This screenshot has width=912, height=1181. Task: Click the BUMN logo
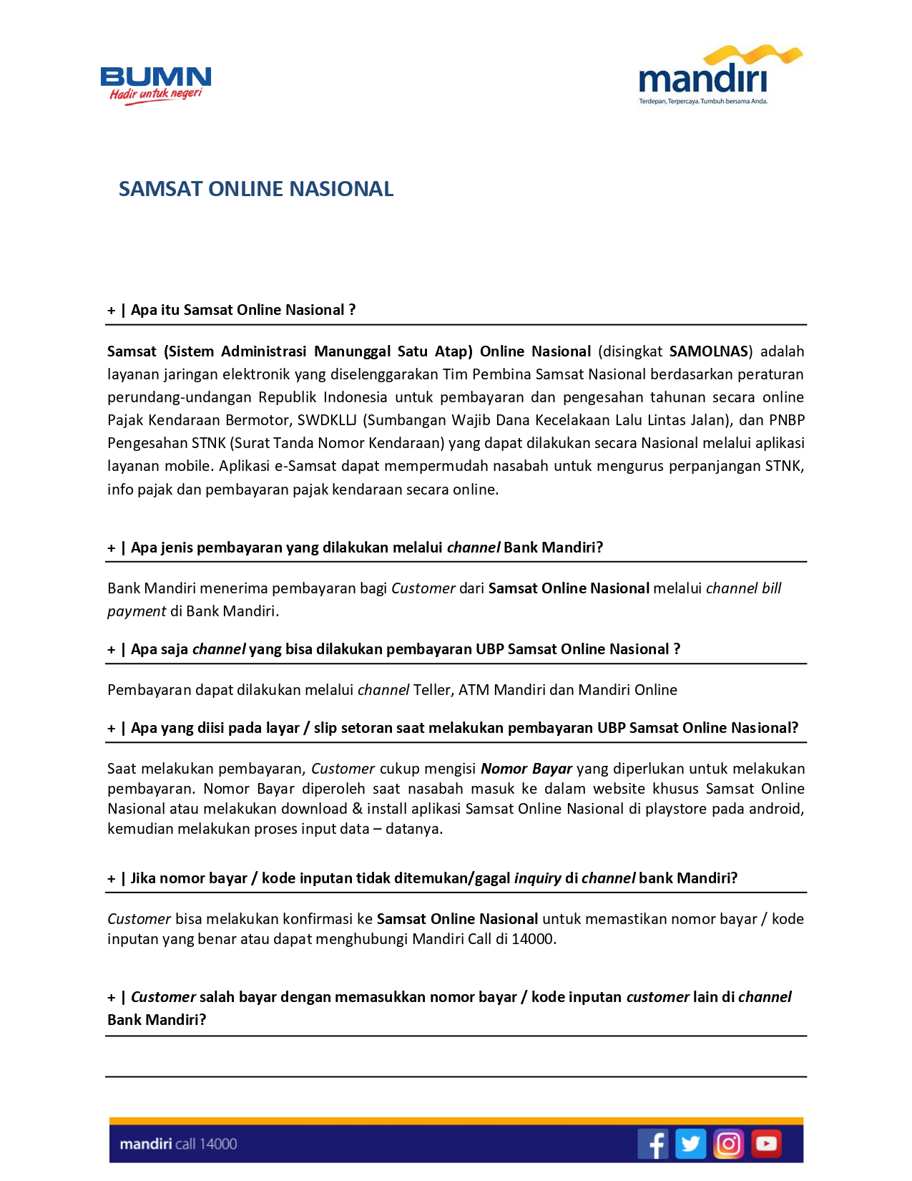tap(156, 84)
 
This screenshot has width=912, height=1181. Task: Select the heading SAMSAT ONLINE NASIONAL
tap(255, 189)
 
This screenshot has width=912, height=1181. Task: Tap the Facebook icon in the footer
tap(652, 1143)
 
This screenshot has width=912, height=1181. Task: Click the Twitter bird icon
tap(690, 1143)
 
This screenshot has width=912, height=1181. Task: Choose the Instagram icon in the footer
tap(728, 1143)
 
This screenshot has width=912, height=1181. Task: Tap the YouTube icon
tap(766, 1143)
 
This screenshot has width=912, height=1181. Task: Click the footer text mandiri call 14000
tap(178, 1144)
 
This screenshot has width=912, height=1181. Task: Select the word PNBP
tap(786, 420)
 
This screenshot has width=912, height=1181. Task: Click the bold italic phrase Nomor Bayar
tap(526, 769)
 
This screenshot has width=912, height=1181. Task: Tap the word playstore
tap(676, 809)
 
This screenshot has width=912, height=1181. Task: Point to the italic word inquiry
tap(537, 878)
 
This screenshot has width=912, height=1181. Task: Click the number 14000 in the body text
tap(533, 939)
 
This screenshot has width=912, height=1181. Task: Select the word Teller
tap(432, 690)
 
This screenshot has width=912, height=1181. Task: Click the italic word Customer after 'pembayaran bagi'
tap(423, 588)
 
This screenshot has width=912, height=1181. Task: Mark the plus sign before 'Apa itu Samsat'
tap(112, 311)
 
